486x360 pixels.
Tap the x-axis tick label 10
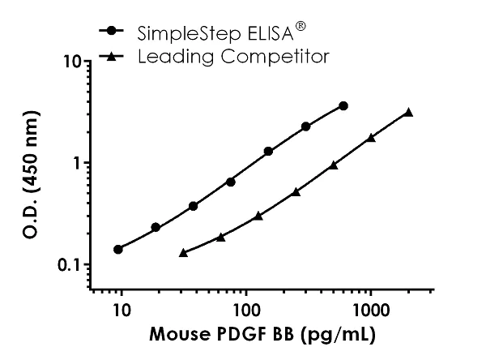tap(122, 310)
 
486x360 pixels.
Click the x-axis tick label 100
tap(245, 310)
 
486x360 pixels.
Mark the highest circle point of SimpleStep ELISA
tap(343, 106)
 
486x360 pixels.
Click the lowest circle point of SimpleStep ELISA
tap(118, 249)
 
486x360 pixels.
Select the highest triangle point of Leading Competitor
tap(408, 112)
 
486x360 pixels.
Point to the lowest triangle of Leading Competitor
tap(183, 253)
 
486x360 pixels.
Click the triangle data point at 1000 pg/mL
tap(371, 138)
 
